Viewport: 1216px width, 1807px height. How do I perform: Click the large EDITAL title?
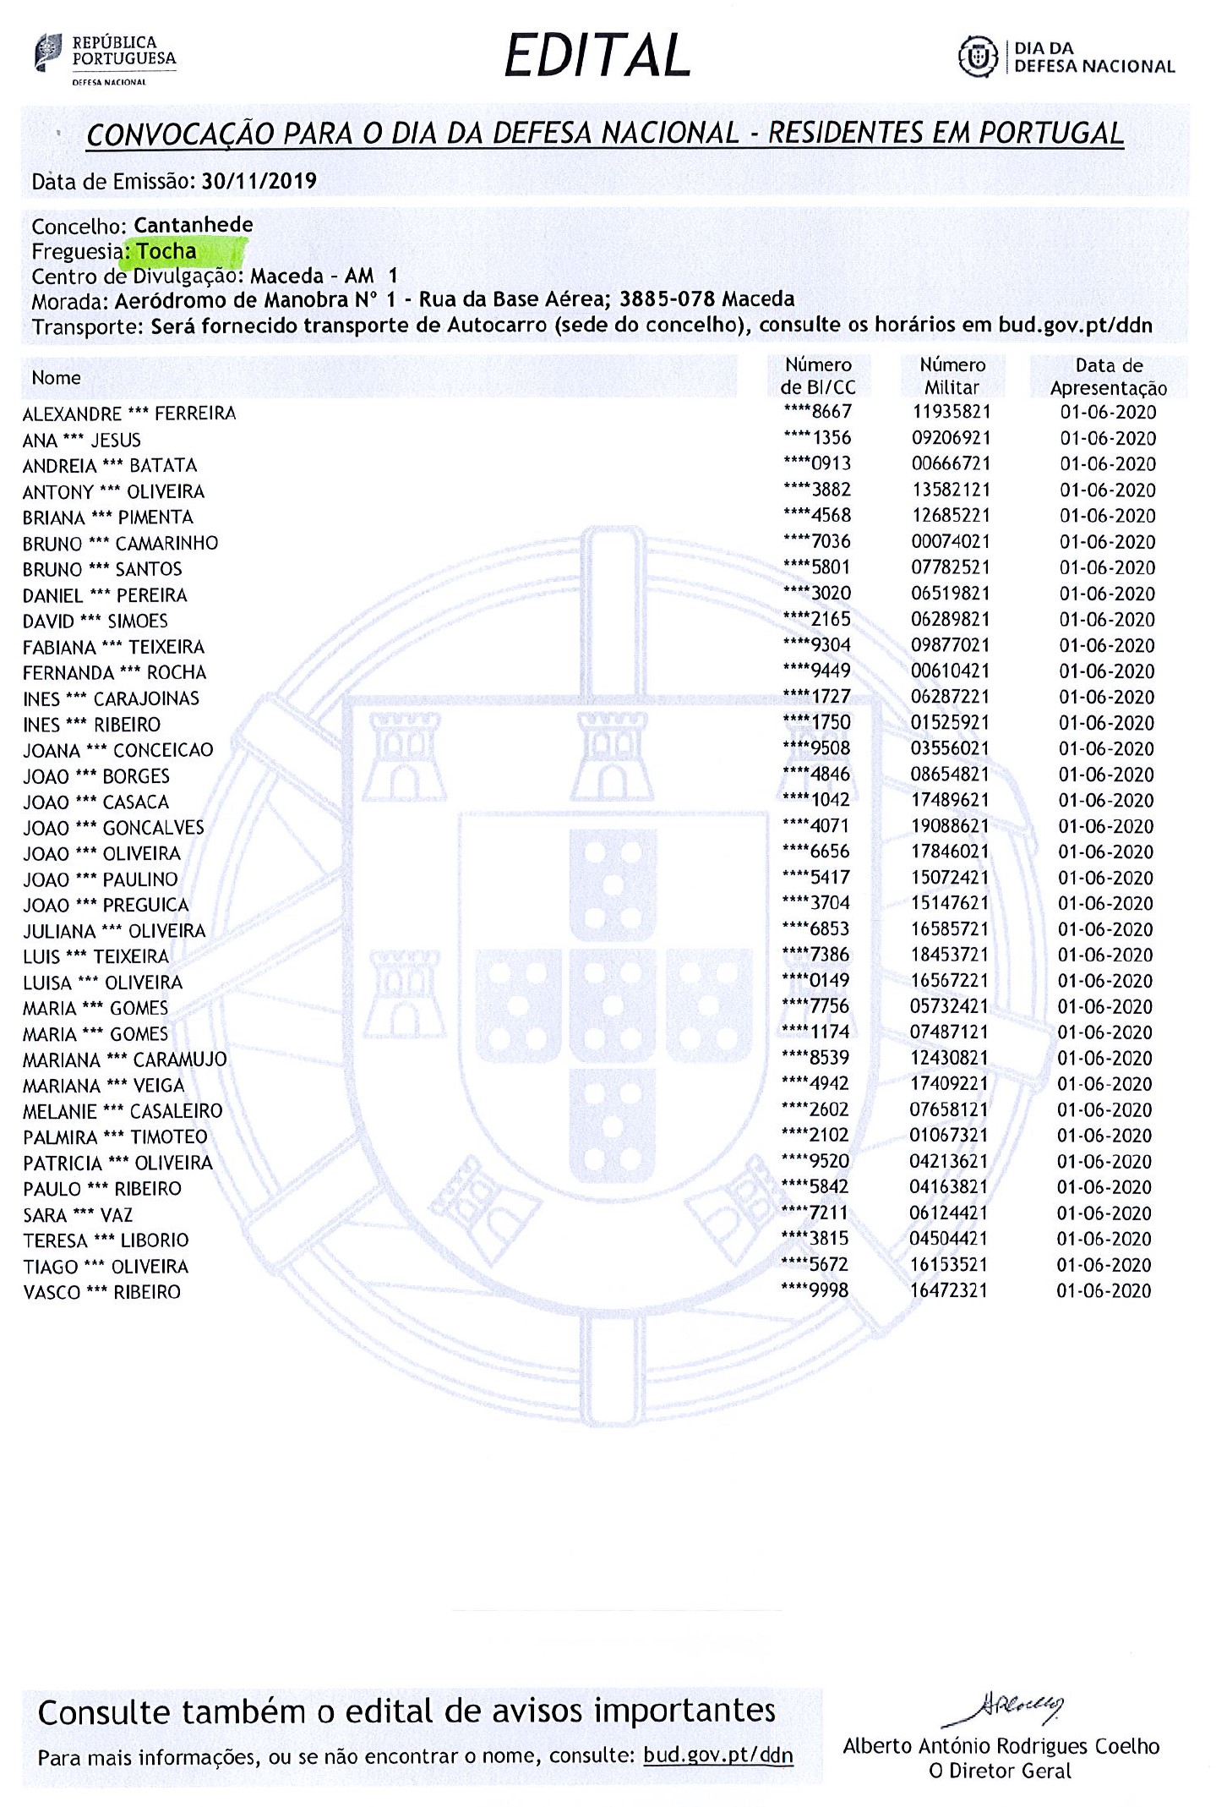[597, 57]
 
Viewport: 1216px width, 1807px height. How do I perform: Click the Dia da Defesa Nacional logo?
[1066, 57]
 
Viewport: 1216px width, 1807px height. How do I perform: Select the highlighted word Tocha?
[166, 251]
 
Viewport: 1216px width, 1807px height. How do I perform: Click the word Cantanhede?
[194, 225]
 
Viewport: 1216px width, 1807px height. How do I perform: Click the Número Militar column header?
[952, 376]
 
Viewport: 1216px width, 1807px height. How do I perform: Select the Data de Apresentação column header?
[1108, 377]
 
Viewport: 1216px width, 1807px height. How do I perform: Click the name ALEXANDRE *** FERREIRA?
[129, 414]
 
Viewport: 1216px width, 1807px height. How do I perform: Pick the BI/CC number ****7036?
[817, 541]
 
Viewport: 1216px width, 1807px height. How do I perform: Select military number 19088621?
[950, 826]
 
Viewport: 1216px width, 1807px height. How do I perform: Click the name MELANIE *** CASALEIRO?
[123, 1111]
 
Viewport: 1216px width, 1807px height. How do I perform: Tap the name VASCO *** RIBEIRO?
[101, 1292]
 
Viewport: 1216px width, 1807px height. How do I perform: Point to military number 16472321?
[949, 1290]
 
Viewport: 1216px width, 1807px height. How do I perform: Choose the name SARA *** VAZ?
[78, 1215]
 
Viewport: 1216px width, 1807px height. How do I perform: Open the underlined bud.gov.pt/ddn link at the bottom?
[718, 1756]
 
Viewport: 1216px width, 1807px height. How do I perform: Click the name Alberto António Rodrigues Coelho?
[1001, 1747]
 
